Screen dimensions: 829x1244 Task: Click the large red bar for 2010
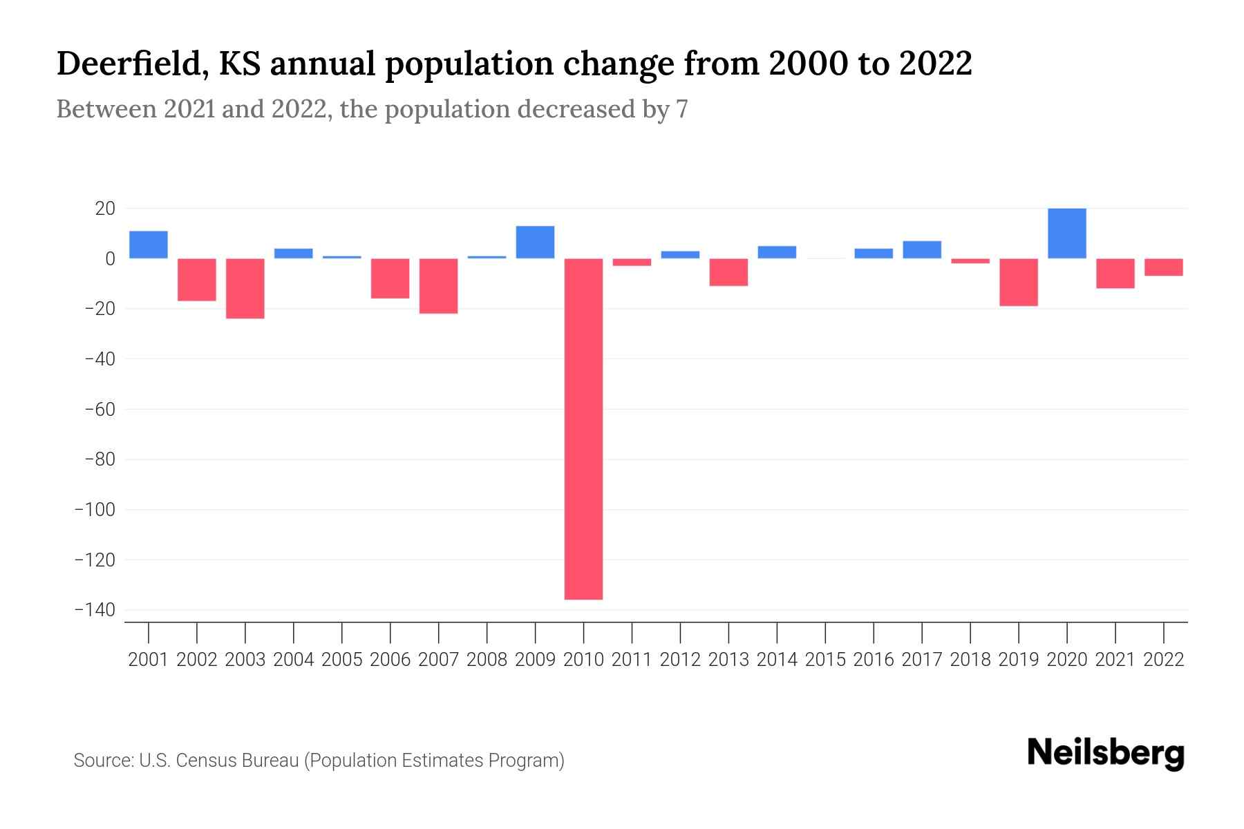point(583,428)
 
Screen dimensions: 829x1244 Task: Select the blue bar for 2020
point(1066,234)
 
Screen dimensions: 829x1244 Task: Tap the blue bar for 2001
point(149,245)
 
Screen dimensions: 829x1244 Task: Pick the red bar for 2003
point(245,288)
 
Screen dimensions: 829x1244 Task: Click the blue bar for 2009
point(535,242)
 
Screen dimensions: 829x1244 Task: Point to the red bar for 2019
point(1018,282)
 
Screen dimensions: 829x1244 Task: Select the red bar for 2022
point(1163,267)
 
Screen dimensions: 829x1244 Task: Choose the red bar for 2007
point(438,286)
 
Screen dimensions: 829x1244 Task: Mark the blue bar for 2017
point(921,249)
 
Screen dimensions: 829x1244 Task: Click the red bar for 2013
point(728,272)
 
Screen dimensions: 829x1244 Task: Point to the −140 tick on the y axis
point(95,610)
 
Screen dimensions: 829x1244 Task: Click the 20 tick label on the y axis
point(100,209)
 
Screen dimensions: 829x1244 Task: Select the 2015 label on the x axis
point(825,660)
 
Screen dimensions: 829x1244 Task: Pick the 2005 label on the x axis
point(342,660)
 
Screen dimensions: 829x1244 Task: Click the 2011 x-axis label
point(632,660)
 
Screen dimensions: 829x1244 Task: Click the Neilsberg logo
point(1106,753)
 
